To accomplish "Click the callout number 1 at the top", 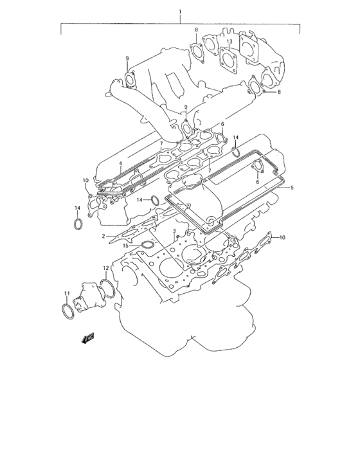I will [180, 12].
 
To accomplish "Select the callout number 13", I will [229, 42].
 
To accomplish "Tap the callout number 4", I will [120, 165].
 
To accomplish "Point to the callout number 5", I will [292, 188].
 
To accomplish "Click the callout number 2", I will [104, 237].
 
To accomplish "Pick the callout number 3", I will [174, 230].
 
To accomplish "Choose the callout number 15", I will [127, 245].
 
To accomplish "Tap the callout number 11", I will [66, 294].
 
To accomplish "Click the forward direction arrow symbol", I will [87, 339].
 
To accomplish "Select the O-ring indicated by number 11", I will [67, 312].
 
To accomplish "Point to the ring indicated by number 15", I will [147, 245].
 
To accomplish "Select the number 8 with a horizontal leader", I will [279, 93].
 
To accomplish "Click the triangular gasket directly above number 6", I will [259, 166].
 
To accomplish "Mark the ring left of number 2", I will [77, 224].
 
